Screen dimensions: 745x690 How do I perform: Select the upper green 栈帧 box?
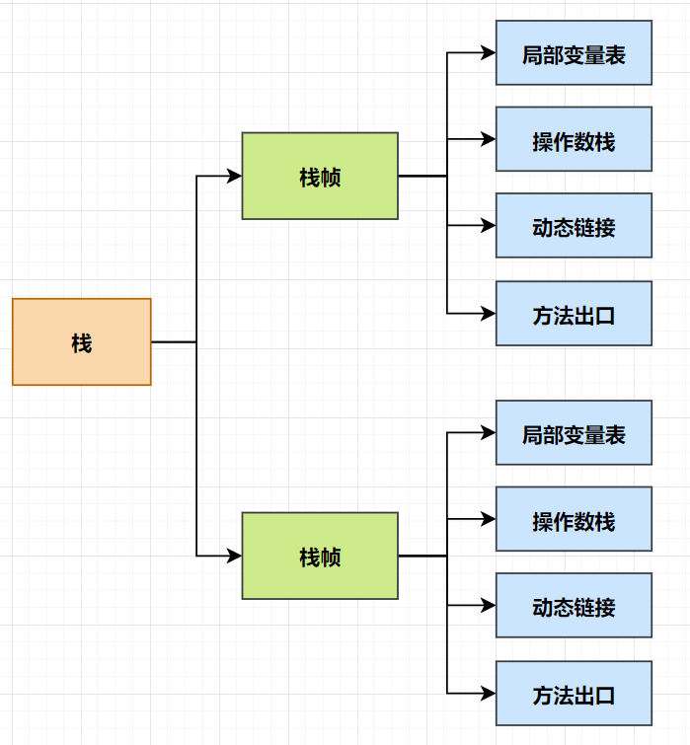coord(320,176)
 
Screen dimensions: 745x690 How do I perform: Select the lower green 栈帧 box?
coord(320,556)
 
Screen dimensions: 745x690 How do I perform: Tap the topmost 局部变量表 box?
coord(574,53)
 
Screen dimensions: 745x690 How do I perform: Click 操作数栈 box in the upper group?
coord(574,140)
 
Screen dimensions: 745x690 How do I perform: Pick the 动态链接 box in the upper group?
coord(574,226)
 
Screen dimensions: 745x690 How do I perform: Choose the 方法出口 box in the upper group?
coord(574,314)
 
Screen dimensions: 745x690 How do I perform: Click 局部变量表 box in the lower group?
coord(574,433)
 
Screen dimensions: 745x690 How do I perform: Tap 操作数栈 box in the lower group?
coord(574,519)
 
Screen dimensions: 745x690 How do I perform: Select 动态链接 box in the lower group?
coord(574,606)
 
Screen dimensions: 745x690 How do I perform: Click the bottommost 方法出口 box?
coord(574,694)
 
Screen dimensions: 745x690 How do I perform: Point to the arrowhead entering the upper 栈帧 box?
coord(234,176)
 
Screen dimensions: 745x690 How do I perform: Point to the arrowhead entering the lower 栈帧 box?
coord(234,556)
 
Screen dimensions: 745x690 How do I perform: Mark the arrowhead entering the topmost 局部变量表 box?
coord(488,53)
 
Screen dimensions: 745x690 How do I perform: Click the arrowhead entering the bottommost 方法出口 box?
coord(488,694)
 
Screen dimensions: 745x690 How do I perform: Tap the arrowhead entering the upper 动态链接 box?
coord(488,226)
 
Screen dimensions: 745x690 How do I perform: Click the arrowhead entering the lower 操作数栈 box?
coord(488,519)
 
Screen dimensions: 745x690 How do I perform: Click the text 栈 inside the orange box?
coord(81,342)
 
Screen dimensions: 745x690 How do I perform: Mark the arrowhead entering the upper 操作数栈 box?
coord(488,140)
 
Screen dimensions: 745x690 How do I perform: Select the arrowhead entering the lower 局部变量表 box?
coord(488,433)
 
